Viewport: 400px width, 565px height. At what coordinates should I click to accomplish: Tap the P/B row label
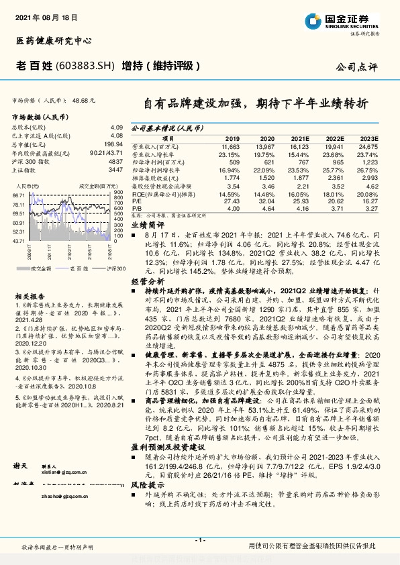(136, 209)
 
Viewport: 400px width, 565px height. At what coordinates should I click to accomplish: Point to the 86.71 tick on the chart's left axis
(18, 194)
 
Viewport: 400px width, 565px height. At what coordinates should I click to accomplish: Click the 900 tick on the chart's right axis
(119, 192)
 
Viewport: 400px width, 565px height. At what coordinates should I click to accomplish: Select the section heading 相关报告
(30, 296)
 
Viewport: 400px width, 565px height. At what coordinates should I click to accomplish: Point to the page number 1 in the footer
(199, 540)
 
